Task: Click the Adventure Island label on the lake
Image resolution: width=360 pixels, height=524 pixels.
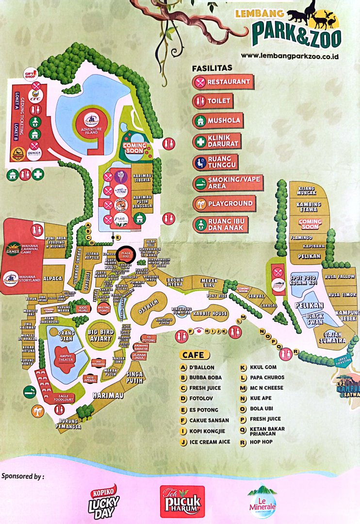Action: coord(92,130)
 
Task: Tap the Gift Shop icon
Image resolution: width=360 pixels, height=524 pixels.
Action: coord(32,74)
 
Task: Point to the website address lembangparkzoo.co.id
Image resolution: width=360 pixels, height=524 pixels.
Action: coord(289,56)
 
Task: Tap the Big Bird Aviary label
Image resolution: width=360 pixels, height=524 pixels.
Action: coord(100,335)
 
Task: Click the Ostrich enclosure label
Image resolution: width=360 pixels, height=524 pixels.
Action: coord(148,303)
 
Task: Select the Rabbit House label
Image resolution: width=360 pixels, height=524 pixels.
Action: coord(210,313)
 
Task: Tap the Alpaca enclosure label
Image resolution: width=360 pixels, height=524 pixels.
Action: coord(53,279)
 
